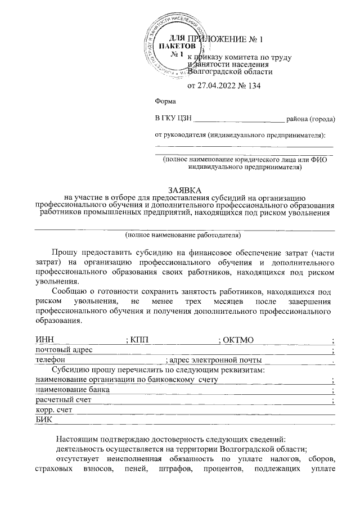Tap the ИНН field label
[43, 340]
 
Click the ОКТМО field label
[239, 340]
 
